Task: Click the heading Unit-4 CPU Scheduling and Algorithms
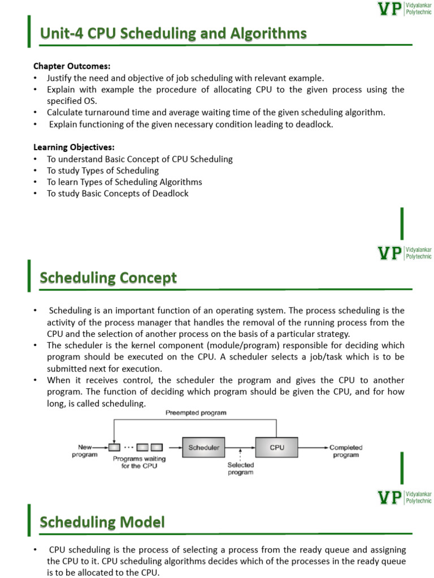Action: pos(173,34)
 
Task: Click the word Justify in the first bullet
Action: pos(59,78)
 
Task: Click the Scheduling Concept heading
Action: pos(108,278)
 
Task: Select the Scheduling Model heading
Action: pos(102,523)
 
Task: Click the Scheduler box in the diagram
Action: pos(203,448)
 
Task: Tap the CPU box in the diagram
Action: pos(277,448)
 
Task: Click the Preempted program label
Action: pos(196,413)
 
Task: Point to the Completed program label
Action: pos(346,451)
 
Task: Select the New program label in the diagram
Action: pos(85,451)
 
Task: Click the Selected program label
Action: pos(241,469)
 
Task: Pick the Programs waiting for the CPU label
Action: pos(139,462)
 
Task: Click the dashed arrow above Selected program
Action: pos(241,454)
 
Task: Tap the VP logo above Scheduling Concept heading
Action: pos(390,252)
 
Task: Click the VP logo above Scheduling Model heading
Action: pos(390,497)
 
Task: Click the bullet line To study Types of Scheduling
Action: pos(103,170)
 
